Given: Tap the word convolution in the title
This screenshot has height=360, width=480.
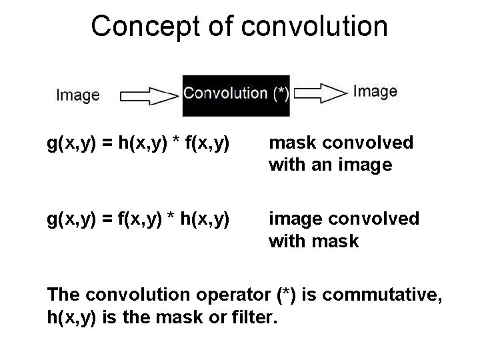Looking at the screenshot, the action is [316, 27].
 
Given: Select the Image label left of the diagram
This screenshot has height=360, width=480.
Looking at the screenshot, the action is [78, 95].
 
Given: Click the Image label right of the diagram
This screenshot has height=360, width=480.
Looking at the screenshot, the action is [375, 91].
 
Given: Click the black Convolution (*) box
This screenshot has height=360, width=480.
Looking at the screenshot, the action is [236, 93].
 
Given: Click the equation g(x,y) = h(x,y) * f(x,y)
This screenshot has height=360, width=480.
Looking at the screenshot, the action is [139, 143].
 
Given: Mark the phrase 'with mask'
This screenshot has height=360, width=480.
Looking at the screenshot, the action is [313, 241].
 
